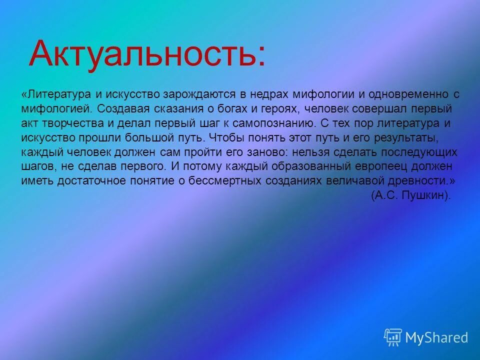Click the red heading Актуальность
147,54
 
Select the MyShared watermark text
436,337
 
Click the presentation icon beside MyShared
393,337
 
